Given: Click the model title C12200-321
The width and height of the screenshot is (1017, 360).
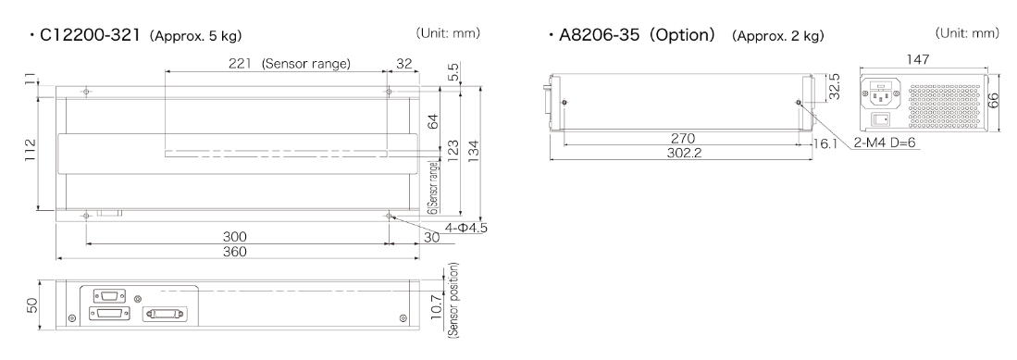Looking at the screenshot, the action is point(90,35).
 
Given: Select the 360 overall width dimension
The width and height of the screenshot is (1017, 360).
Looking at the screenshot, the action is point(234,252).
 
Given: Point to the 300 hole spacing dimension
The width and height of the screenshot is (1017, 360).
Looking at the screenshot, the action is point(234,237).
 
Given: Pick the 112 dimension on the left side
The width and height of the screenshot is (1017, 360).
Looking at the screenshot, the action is point(31,151).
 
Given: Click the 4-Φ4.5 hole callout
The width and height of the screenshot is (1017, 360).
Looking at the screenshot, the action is point(465,228).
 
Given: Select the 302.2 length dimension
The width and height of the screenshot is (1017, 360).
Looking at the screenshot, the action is point(684,153).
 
